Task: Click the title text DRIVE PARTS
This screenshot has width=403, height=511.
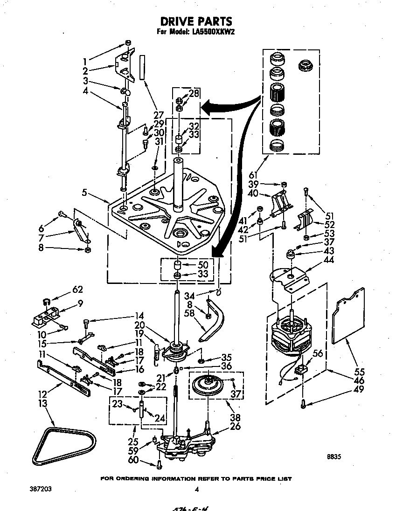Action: pyautogui.click(x=196, y=21)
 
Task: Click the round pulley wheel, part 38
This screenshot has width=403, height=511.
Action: pyautogui.click(x=209, y=386)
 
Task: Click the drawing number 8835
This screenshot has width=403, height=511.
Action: pyautogui.click(x=334, y=457)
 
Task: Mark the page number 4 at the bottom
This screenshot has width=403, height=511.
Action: pyautogui.click(x=197, y=489)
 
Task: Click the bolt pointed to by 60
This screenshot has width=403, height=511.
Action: pyautogui.click(x=160, y=464)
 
